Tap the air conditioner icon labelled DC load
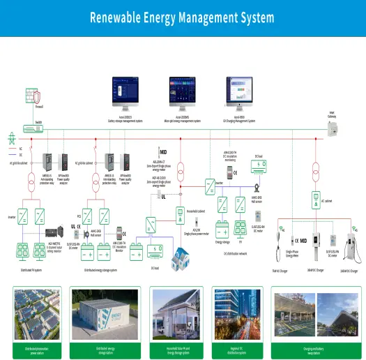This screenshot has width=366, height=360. (258, 166)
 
